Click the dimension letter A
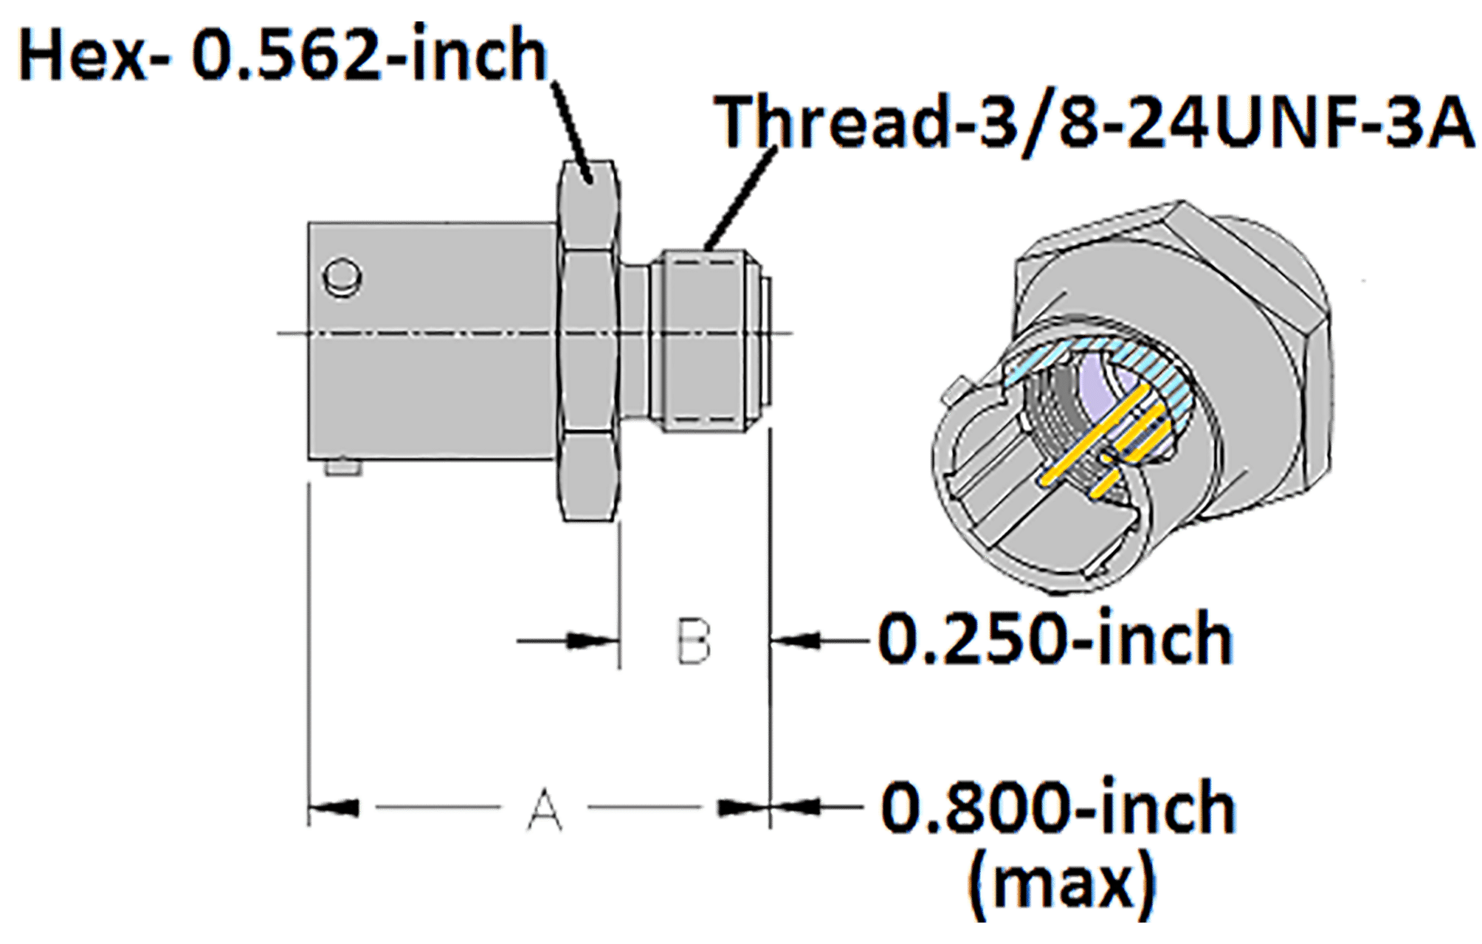[x=545, y=810]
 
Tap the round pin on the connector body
[x=342, y=278]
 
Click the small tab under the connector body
[x=345, y=469]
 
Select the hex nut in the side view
[x=588, y=340]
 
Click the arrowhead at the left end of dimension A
[x=332, y=807]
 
